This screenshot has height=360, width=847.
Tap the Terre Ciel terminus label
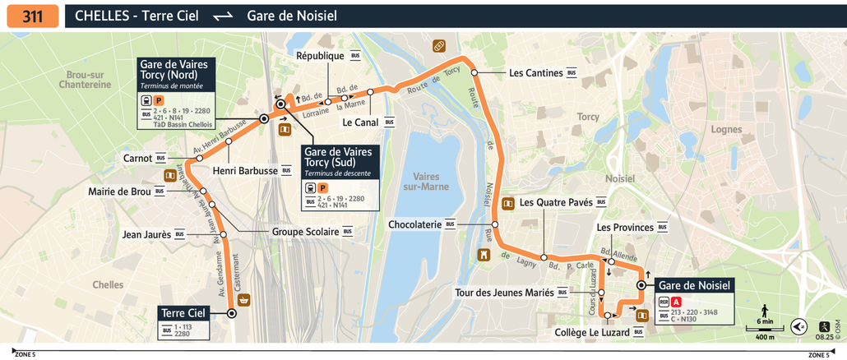point(184,313)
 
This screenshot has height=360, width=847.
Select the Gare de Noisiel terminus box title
point(694,285)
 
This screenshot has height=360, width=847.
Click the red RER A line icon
point(677,302)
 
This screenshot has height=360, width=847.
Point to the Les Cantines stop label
point(535,73)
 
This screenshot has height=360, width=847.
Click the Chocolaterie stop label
point(415,224)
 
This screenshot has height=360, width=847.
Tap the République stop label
point(320,56)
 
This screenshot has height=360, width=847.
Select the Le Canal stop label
point(359,122)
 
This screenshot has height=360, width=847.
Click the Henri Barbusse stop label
point(245,171)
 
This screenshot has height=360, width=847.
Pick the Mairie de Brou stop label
point(119,192)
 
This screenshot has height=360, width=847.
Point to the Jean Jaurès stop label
point(146,234)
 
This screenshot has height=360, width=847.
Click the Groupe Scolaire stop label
point(305,232)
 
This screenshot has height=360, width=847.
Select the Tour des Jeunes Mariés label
point(505,292)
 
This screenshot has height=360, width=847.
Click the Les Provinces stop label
point(625,227)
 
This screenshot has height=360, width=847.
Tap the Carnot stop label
point(137,158)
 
